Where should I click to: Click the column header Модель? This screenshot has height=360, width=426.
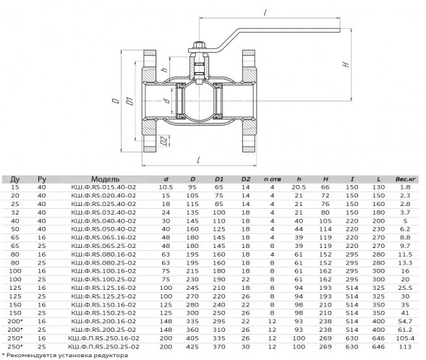[105, 179]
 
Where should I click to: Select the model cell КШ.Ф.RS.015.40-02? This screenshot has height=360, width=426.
[103, 187]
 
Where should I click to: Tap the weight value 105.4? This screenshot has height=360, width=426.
[405, 338]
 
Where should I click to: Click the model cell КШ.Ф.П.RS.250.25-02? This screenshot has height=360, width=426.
[103, 347]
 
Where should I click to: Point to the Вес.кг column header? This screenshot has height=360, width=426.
[405, 179]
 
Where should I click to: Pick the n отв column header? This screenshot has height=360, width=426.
[272, 179]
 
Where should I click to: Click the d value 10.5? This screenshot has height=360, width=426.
[166, 187]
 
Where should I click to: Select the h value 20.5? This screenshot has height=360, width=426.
[299, 187]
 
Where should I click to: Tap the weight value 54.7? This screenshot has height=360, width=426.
[405, 322]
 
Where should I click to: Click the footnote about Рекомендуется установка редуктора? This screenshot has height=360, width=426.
[64, 356]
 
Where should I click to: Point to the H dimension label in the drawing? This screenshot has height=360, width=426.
[346, 64]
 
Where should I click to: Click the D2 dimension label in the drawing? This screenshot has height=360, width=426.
[163, 141]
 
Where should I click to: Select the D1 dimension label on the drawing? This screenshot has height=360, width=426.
[131, 100]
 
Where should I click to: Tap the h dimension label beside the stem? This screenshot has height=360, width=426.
[165, 69]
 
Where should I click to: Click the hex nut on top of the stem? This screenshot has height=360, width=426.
[199, 45]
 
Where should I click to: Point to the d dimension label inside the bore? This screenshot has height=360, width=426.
[167, 100]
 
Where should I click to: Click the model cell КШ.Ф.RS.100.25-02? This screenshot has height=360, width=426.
[103, 279]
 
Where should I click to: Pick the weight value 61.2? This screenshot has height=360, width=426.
[405, 330]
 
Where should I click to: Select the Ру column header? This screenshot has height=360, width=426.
[42, 179]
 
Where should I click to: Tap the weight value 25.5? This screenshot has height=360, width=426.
[405, 288]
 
